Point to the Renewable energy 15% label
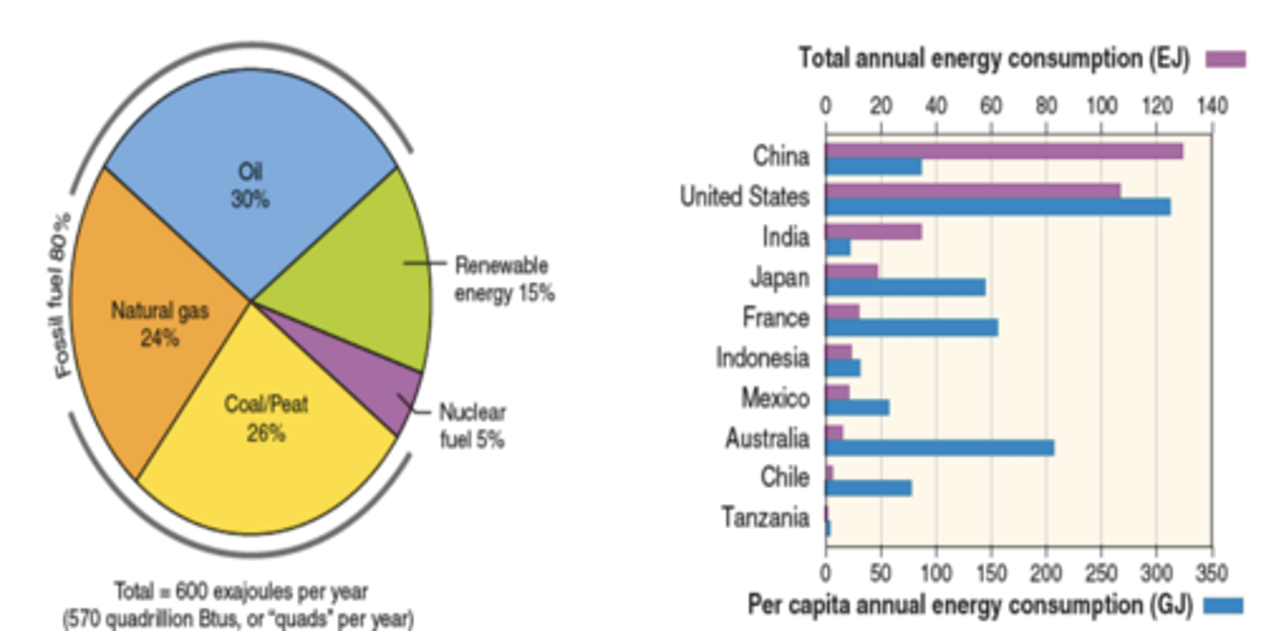[504, 279]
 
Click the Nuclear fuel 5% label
[472, 425]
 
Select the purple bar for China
[1004, 151]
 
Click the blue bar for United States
[997, 207]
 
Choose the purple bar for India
[873, 231]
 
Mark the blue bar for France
[912, 328]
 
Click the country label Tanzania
[765, 518]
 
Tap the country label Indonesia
[763, 358]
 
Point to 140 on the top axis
[1212, 106]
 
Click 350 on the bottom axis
[1212, 574]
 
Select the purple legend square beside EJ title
[1225, 60]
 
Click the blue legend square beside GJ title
[1223, 605]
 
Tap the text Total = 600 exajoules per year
[241, 590]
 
